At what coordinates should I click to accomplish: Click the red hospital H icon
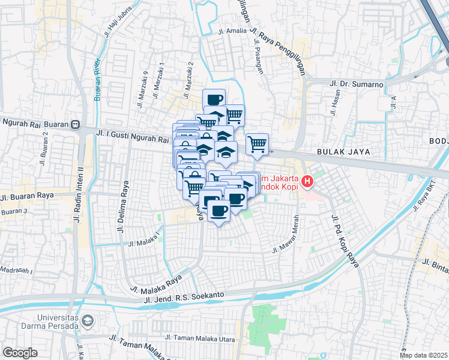307,180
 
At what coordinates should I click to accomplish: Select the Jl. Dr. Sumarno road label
357,84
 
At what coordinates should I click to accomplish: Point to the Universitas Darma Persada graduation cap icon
88,322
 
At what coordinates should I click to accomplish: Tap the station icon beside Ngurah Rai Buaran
75,125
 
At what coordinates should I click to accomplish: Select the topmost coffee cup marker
214,99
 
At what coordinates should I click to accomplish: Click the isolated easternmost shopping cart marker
257,143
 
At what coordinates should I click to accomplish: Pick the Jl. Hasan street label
334,103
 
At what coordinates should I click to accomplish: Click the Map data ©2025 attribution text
424,355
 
